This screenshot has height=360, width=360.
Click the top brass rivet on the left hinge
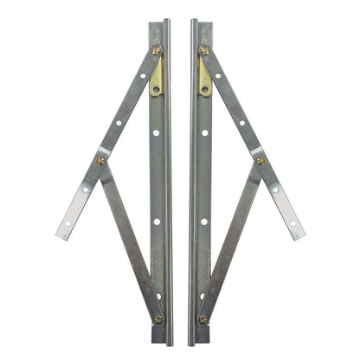coord(157,49)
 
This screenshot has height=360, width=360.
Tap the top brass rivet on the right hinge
coord(204,49)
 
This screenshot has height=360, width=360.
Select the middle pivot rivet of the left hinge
coord(100,160)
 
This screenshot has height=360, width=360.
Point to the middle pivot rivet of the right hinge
coord(260,160)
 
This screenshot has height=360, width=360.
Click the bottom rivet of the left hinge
coord(158,318)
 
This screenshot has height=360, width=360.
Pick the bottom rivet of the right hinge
coord(202,318)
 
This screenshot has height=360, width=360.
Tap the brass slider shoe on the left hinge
coord(156,77)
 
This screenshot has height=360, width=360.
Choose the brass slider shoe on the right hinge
coord(205,77)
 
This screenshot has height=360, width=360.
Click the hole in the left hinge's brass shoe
coord(156,87)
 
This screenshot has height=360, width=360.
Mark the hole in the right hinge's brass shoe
coord(205,87)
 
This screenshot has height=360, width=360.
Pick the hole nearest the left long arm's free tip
coord(68,222)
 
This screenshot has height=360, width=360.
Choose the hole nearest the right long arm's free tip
coord(292,222)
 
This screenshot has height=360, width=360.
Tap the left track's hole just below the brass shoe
coord(157,133)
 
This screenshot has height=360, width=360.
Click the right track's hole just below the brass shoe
coord(204,133)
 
